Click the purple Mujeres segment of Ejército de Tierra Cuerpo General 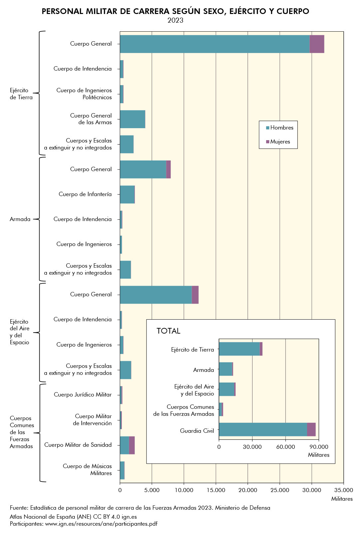317,44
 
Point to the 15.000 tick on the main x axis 216,490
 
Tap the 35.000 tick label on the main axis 343,490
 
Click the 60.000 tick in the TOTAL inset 285,447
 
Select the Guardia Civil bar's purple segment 311,429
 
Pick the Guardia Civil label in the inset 197,431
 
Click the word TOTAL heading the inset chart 168,331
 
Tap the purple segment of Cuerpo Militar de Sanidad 132,445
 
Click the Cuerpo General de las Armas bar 132,119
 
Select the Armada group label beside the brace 20,219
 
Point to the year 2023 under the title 175,20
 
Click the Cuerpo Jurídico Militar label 83,395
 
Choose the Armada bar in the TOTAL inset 226,369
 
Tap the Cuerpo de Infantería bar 127,194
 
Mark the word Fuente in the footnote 19,508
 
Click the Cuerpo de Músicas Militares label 87,470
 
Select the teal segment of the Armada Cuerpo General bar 143,169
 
